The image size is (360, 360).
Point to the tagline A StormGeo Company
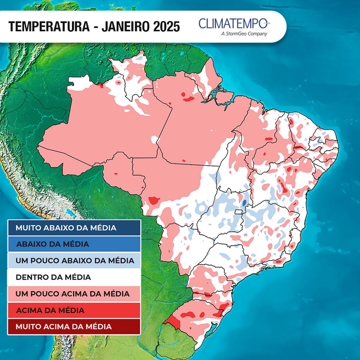pyautogui.click(x=244, y=34)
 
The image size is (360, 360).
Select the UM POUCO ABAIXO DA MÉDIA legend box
pyautogui.click(x=74, y=260)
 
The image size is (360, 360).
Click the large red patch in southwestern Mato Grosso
pyautogui.click(x=154, y=200)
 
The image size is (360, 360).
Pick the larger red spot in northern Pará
pyautogui.click(x=189, y=99)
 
